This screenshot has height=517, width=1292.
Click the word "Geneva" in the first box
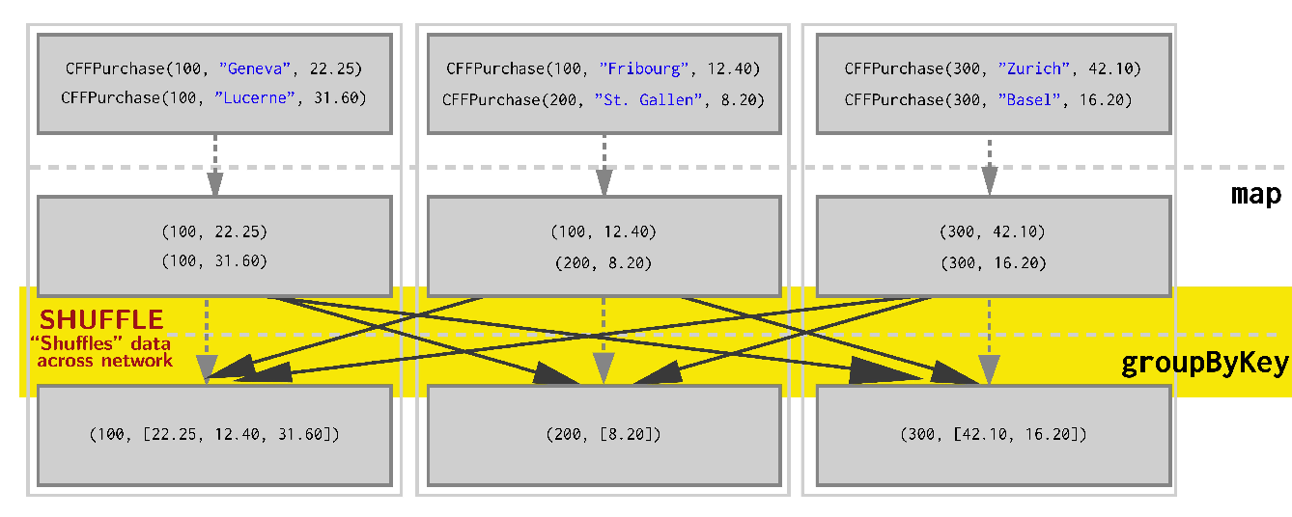coord(255,68)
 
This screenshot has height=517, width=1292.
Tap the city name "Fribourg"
coord(644,68)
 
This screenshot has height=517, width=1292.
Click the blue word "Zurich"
coord(1033,68)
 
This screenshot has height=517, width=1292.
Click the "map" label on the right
coord(1255,194)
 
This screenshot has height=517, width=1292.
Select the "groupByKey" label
coord(1204,364)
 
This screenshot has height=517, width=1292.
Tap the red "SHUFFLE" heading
coord(101,319)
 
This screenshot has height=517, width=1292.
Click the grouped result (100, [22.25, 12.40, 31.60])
coord(214,435)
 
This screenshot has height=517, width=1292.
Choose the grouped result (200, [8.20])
coord(604,435)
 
